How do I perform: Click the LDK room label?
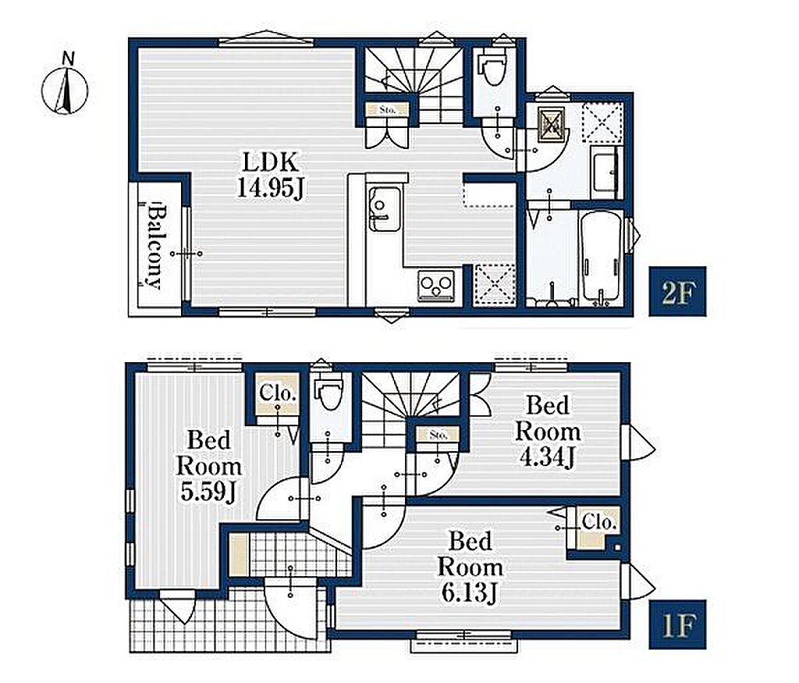[269, 162]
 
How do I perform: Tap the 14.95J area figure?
[271, 188]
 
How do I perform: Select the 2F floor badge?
[677, 291]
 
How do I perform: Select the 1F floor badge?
[677, 624]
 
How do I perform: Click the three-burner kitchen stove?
[436, 286]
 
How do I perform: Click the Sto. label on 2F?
[388, 109]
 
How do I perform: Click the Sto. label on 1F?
[439, 435]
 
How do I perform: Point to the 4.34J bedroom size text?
[548, 457]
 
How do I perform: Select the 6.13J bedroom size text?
[469, 592]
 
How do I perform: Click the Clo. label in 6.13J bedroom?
[599, 522]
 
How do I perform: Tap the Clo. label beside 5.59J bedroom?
[278, 393]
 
